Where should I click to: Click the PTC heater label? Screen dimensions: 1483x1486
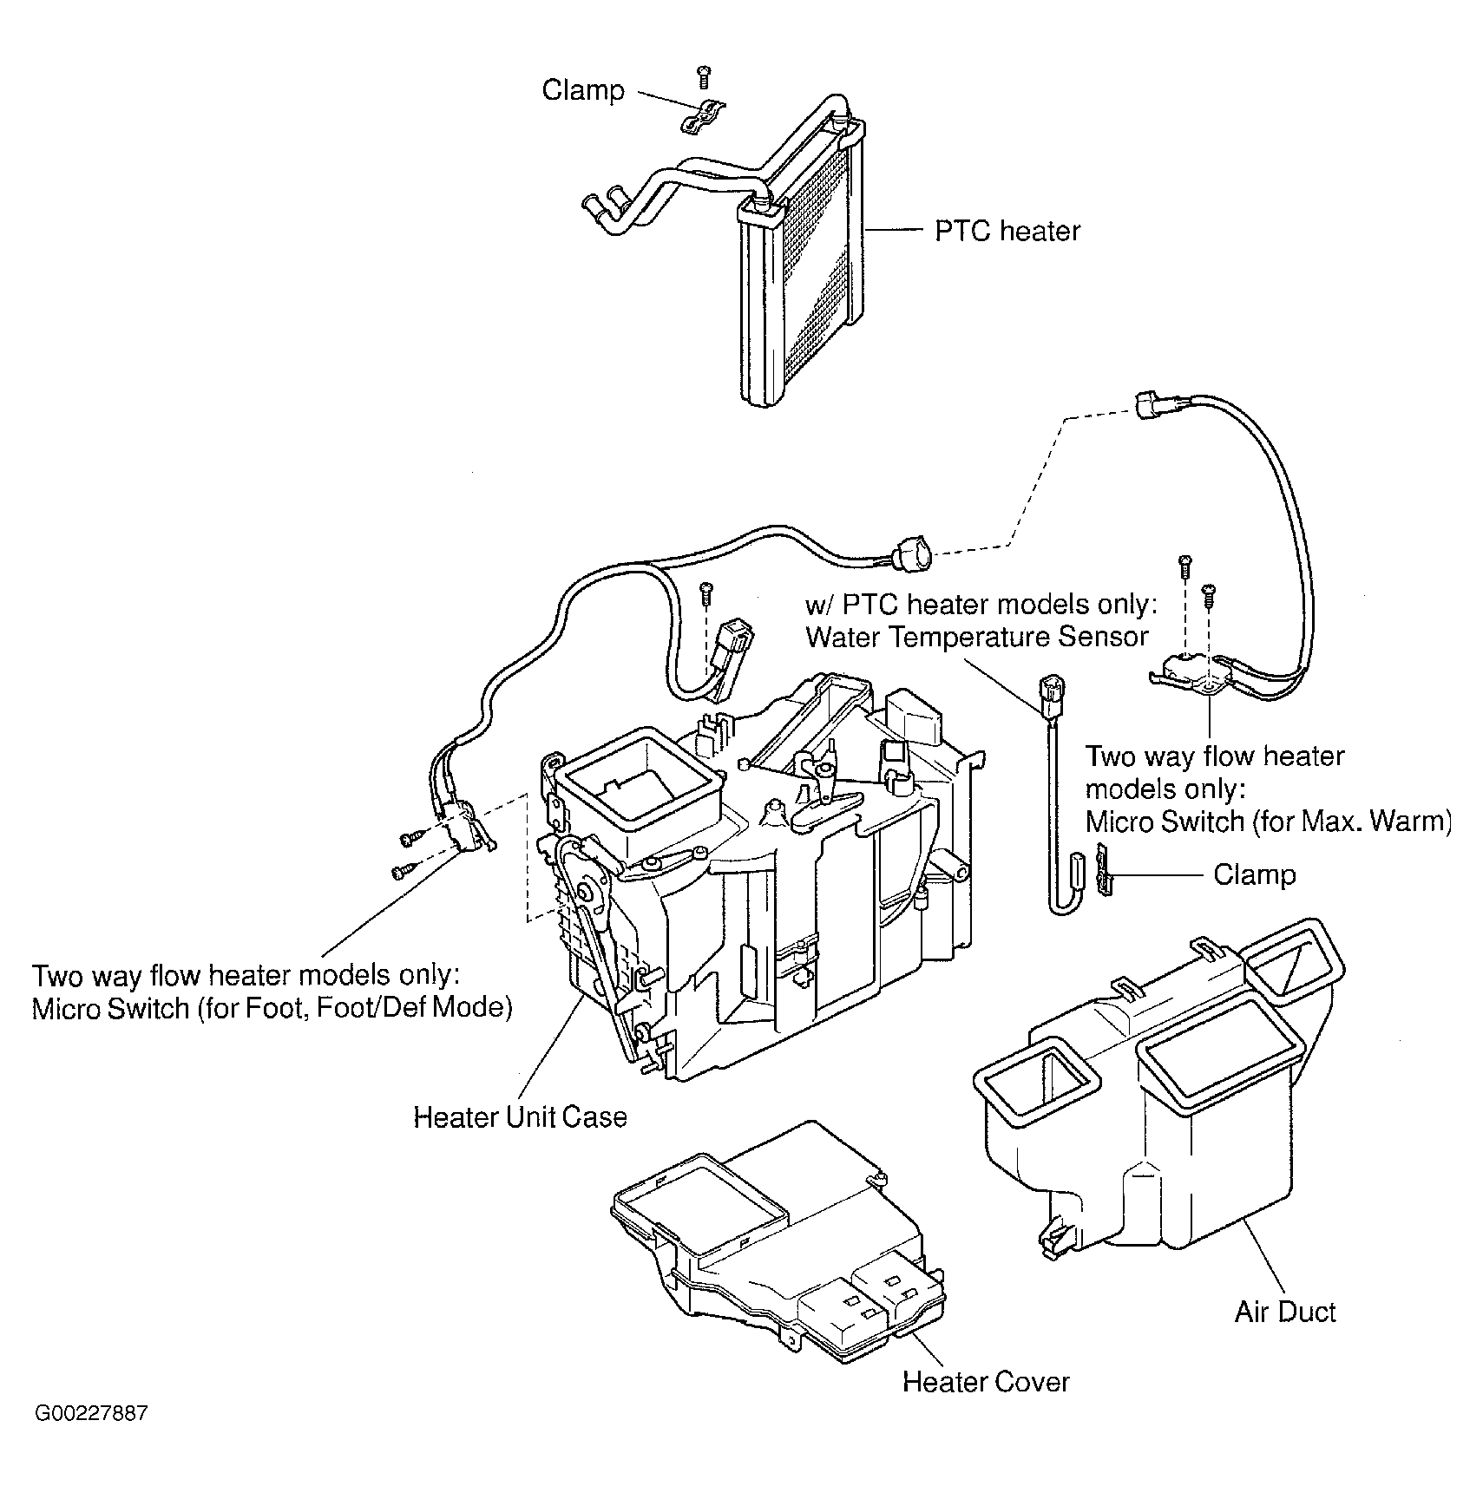coord(1007,231)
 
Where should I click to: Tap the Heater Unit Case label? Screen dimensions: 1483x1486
coord(520,1116)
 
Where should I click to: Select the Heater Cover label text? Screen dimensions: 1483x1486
coord(986,1381)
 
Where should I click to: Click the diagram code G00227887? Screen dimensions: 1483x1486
coord(91,1437)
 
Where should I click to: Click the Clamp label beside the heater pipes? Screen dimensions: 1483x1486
coord(583,89)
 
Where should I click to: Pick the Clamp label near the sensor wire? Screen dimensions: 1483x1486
coord(1254,874)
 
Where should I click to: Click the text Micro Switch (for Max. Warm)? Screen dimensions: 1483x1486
coord(1269,821)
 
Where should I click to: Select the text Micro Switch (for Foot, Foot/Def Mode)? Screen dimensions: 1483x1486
coord(272,1008)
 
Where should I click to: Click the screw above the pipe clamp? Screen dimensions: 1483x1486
coord(705,76)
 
